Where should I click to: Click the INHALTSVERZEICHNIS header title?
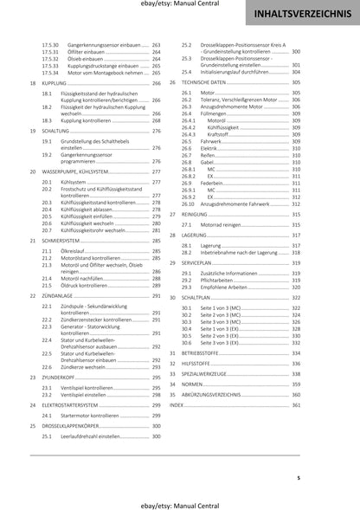[302, 15]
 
